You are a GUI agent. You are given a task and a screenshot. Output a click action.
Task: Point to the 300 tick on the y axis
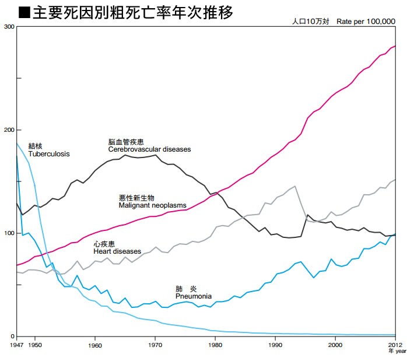click(x=8, y=27)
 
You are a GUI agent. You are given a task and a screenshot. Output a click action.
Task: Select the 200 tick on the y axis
click(x=8, y=130)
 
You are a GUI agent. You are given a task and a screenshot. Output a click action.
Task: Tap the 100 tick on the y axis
click(x=8, y=233)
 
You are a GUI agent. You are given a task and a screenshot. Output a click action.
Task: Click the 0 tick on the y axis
click(x=12, y=337)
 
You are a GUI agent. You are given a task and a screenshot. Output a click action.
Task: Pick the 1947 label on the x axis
click(x=17, y=345)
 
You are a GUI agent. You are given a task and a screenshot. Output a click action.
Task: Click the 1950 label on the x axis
click(x=35, y=345)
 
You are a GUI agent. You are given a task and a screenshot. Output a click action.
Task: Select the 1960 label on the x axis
click(x=95, y=345)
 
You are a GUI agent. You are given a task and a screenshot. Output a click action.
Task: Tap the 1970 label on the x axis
click(x=155, y=345)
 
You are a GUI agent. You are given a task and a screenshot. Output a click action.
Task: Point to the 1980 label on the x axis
click(x=215, y=345)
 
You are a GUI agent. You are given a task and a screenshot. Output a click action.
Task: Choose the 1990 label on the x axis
click(x=275, y=345)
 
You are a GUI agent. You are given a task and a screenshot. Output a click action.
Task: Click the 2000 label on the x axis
click(x=335, y=345)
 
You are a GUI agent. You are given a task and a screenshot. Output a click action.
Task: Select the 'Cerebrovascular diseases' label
click(x=149, y=149)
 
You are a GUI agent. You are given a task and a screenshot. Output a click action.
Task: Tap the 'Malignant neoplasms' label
click(x=153, y=206)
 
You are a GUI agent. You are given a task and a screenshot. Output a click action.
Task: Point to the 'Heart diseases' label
click(x=117, y=251)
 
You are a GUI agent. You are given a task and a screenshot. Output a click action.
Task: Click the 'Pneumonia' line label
click(x=193, y=296)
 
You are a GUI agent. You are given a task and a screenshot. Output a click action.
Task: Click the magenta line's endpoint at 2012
click(x=395, y=46)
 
